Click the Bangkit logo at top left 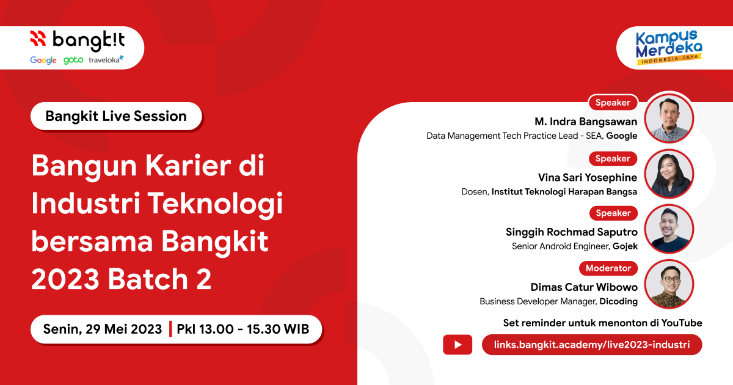(x=77, y=40)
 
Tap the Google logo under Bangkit (x=43, y=60)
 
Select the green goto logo (x=73, y=60)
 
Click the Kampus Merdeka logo (x=668, y=46)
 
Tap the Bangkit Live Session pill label (x=116, y=116)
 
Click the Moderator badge (x=608, y=268)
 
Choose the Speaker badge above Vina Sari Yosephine (x=613, y=158)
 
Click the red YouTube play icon (x=458, y=345)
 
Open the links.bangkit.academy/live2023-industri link (x=591, y=345)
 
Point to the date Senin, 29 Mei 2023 (x=103, y=329)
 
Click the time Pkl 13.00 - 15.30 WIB (x=243, y=329)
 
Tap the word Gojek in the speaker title (x=625, y=246)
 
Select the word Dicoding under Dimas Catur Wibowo (x=618, y=301)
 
